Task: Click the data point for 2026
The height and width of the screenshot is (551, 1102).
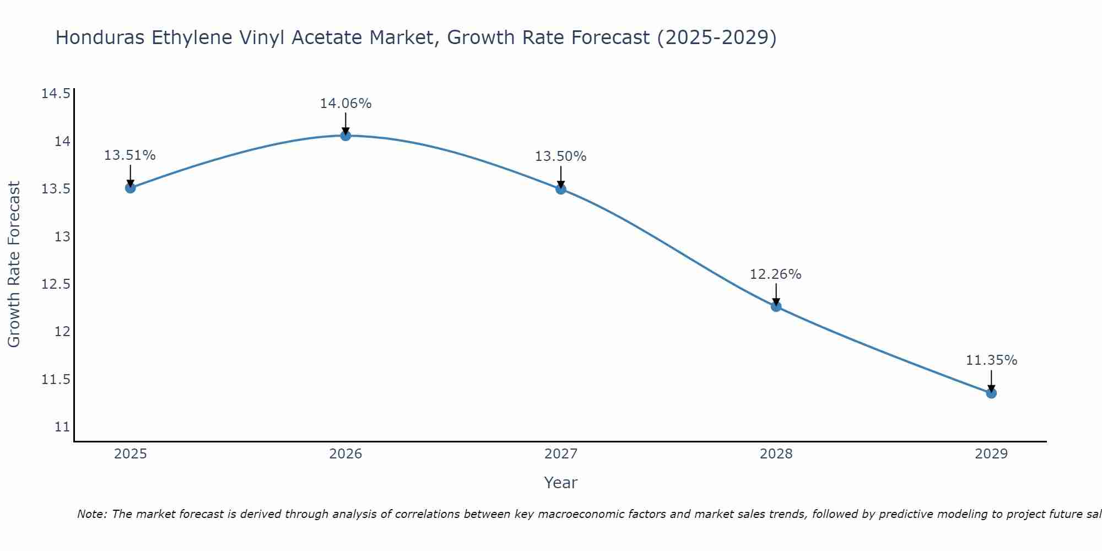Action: coord(345,136)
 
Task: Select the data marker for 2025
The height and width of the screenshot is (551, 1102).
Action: coord(131,188)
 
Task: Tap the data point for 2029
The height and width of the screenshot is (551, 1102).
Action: coord(991,393)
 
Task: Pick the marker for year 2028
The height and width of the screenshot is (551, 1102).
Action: coord(776,306)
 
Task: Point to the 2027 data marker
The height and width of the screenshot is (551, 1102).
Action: coord(561,189)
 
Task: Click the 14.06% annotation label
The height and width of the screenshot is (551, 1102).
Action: coord(345,104)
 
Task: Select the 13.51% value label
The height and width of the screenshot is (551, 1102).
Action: coord(130,155)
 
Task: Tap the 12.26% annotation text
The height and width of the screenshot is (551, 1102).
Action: coord(775,274)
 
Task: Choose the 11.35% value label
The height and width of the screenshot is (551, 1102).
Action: coord(991,360)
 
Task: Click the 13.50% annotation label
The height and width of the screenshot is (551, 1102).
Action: coord(560,156)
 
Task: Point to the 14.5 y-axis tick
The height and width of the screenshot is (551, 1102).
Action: coord(56,94)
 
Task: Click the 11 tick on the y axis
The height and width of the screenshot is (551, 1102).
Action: coord(62,427)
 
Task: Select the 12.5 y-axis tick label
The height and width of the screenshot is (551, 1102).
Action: coord(56,284)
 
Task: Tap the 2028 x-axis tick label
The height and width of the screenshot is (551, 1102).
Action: coord(776,454)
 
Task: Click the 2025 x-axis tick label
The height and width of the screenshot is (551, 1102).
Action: coord(131,454)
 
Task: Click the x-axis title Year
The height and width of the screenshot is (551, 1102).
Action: coord(560,483)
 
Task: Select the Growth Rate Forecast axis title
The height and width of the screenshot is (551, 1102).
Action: coord(14,264)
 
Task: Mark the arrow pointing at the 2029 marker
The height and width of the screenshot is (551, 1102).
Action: coord(991,381)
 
